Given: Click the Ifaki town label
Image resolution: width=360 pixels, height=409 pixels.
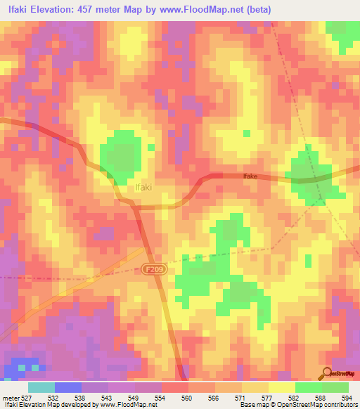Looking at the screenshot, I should point(143,188).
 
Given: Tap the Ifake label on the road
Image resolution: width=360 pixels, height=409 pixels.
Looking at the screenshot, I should point(250,178).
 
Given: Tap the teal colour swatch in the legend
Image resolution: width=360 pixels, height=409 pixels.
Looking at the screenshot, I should point(41,387).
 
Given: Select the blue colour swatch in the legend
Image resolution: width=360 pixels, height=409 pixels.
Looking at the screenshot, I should point(67,387).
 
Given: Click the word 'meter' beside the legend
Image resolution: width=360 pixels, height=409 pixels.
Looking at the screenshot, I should point(11,397).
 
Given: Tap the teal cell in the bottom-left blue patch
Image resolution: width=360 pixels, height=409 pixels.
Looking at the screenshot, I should point(20,367).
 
